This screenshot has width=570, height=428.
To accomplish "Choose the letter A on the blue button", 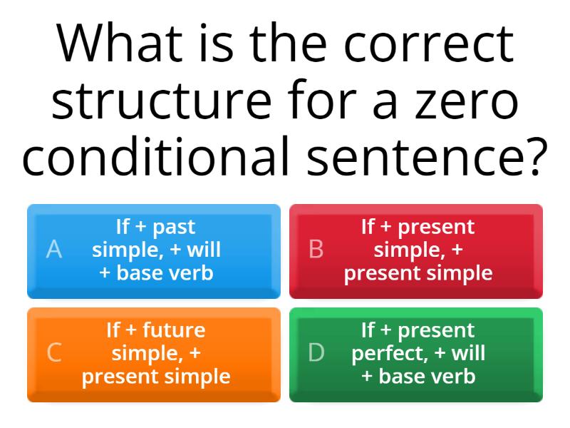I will [x=54, y=250].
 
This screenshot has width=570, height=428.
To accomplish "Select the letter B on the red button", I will [x=316, y=250].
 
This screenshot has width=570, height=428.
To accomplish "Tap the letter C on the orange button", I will [x=54, y=353].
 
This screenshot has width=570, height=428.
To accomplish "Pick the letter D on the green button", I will [x=316, y=353].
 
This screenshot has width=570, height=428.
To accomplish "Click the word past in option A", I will [x=174, y=228].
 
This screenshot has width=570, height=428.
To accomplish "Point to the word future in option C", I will [x=174, y=330].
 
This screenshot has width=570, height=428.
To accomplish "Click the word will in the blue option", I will [x=203, y=250].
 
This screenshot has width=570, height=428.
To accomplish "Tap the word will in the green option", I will [x=468, y=353].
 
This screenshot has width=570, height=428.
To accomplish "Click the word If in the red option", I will [x=368, y=227].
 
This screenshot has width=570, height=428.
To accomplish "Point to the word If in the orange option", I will [x=114, y=330].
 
